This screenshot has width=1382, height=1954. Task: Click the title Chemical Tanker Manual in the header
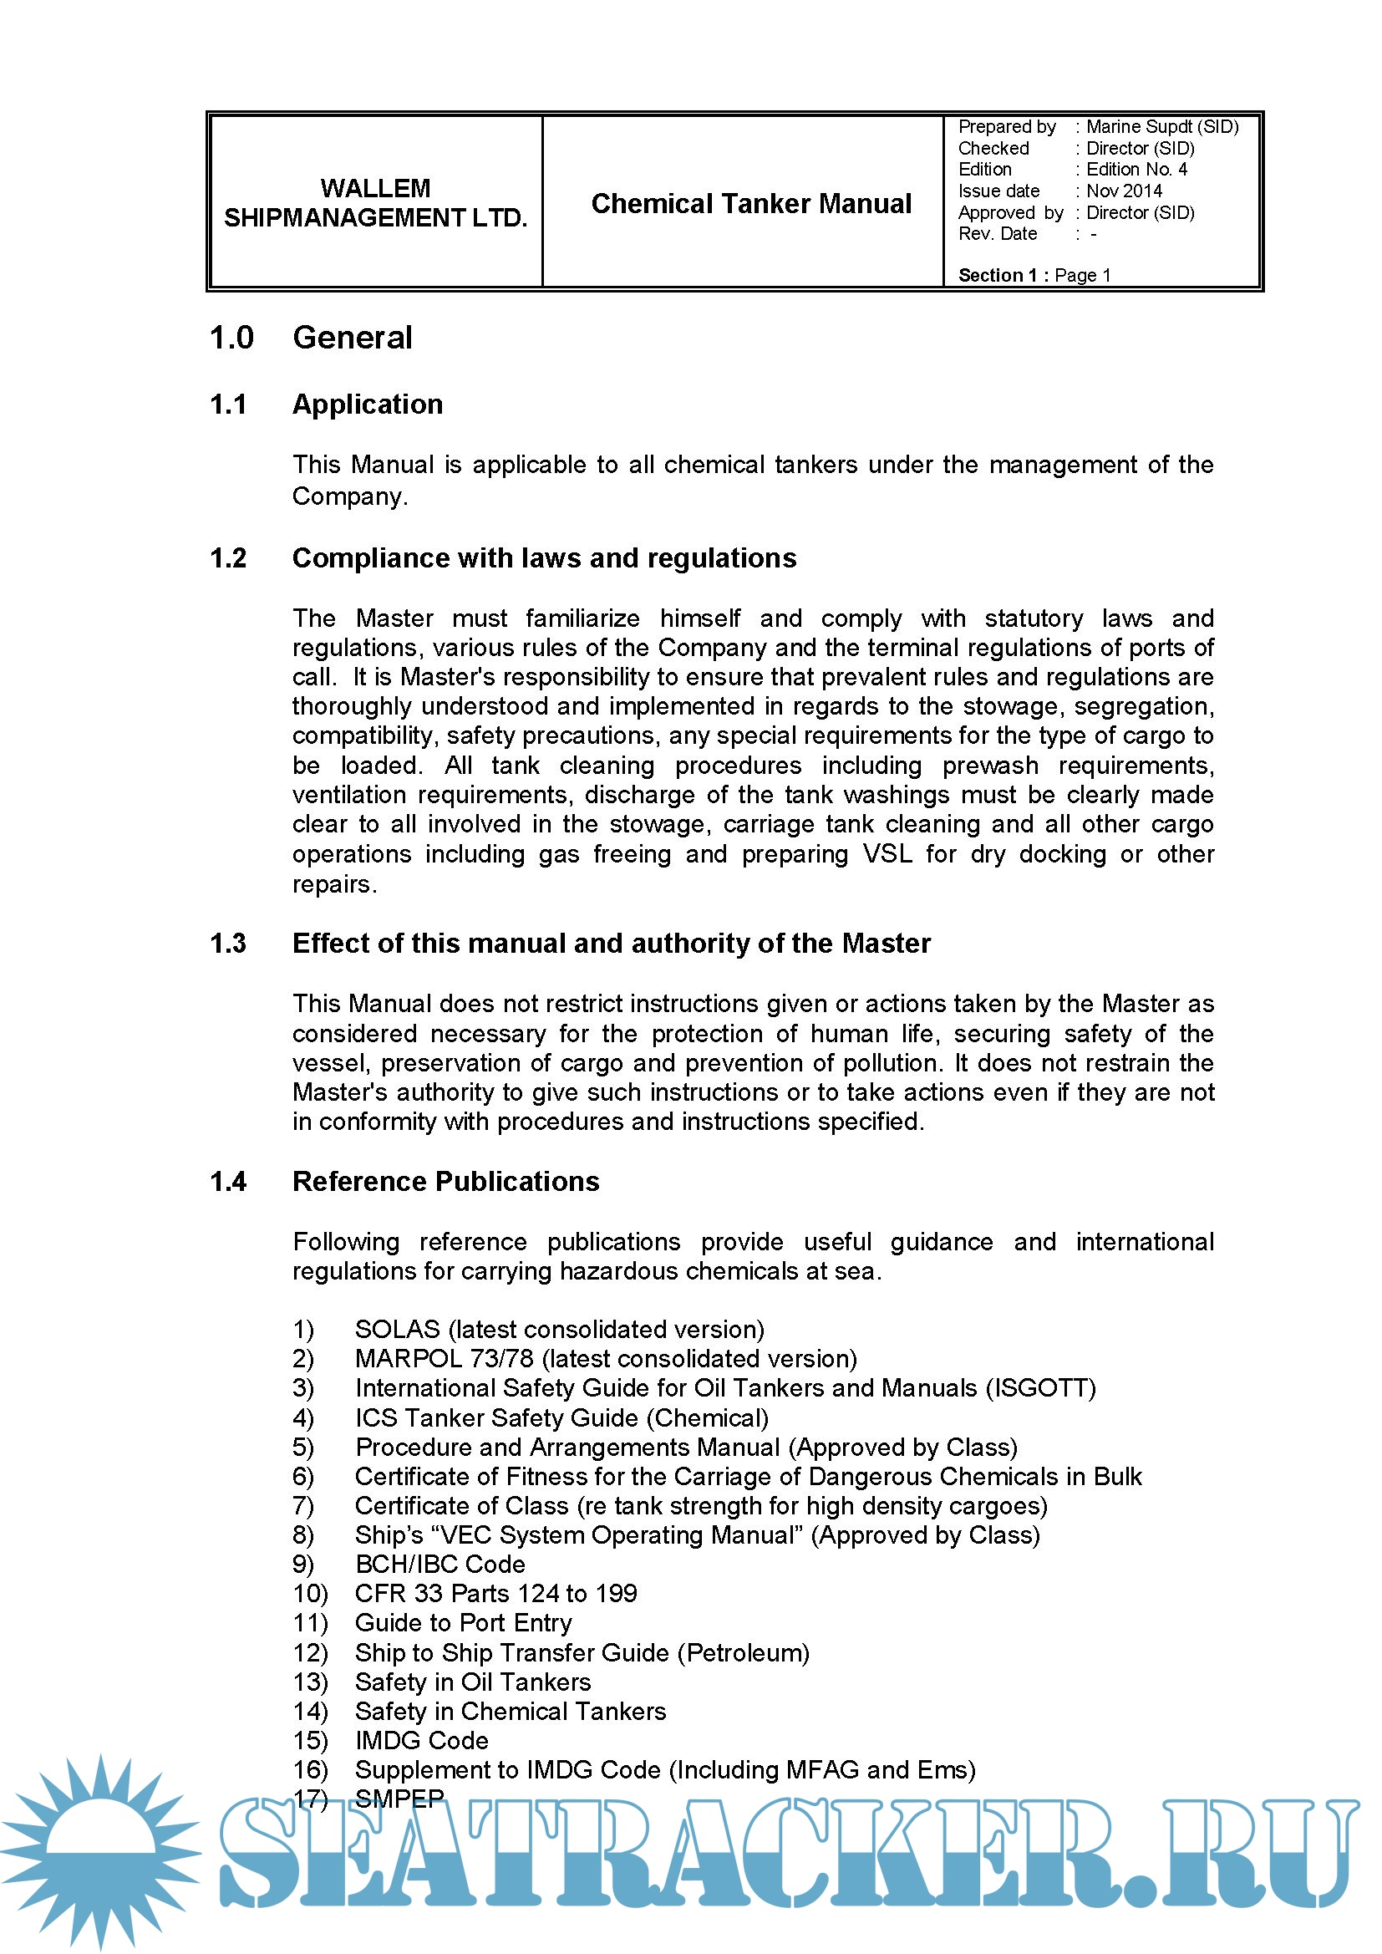750,203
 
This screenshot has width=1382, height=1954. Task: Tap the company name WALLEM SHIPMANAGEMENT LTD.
375,202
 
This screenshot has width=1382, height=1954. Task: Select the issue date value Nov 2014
1123,191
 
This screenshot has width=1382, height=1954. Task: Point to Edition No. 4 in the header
1136,170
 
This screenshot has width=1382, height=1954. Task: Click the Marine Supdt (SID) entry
1161,127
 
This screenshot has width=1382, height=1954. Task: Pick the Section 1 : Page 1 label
1034,275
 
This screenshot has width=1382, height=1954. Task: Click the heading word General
353,338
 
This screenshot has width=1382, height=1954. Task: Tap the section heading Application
368,405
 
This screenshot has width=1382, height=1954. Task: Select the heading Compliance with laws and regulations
544,558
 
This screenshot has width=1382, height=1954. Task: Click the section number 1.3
228,943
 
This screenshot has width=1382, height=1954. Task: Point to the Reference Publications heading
445,1181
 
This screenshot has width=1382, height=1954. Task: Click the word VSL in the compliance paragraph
887,853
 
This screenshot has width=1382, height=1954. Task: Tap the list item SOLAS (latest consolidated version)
559,1330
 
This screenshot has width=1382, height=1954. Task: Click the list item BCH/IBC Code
440,1565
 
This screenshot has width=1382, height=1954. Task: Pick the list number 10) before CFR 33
311,1593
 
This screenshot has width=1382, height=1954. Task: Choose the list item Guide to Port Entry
463,1623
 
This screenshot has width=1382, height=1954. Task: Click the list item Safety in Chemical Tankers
510,1711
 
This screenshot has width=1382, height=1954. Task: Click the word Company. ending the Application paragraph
350,496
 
